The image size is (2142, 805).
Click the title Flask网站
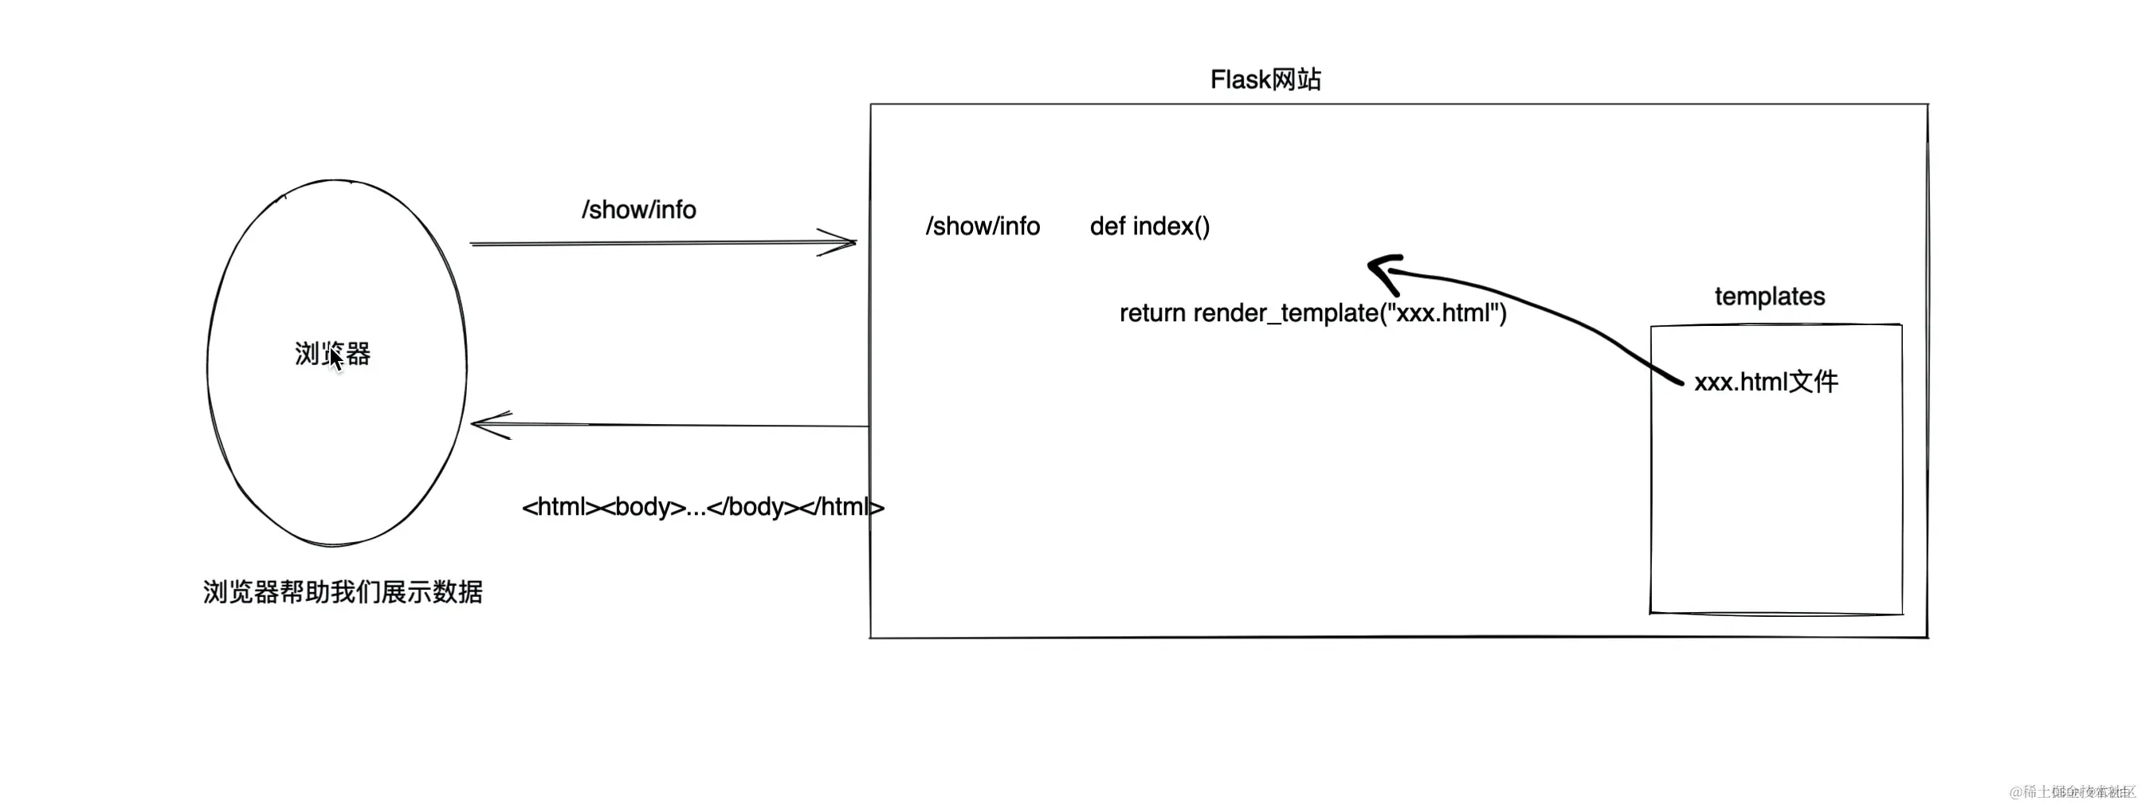click(x=1265, y=80)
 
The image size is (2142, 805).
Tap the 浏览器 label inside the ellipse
click(x=332, y=353)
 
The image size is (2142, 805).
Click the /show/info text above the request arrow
click(x=638, y=210)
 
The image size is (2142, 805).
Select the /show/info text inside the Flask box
click(x=982, y=226)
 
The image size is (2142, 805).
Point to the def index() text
click(x=1149, y=226)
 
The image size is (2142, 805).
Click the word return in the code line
click(x=1152, y=313)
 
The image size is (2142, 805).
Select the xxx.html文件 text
click(x=1765, y=382)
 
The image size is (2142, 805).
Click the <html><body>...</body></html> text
click(x=702, y=506)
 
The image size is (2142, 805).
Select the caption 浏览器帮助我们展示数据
click(x=343, y=592)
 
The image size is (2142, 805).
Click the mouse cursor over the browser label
click(x=335, y=359)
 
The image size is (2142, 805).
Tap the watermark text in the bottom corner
click(x=2070, y=791)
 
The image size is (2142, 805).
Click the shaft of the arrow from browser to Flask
click(x=649, y=243)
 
